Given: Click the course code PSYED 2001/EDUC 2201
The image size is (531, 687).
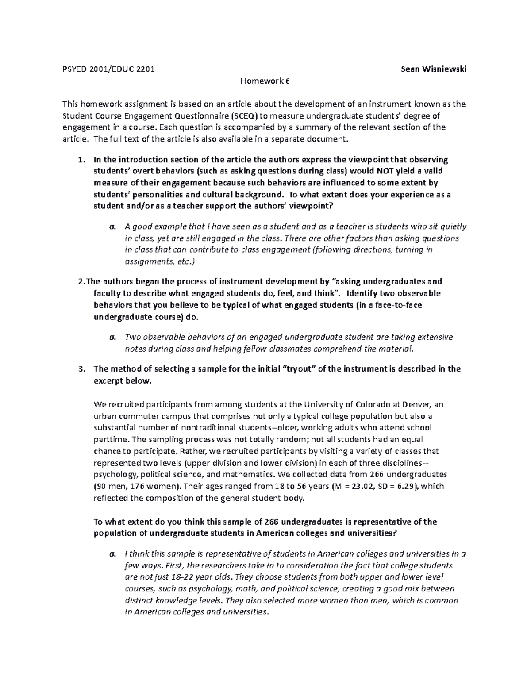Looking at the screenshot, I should pos(108,69).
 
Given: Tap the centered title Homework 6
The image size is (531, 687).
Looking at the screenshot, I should pos(265,81).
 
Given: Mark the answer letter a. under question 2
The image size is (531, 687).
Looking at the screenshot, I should pos(112,337).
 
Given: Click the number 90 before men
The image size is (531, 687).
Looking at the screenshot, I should pos(102,486).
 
